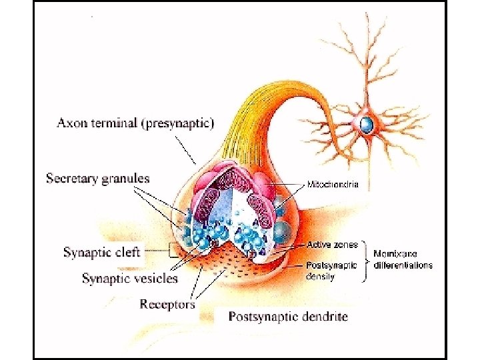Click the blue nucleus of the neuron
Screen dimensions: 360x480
pos(366,123)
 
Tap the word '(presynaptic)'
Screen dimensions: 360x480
pos(179,123)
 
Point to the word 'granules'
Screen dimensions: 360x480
pos(126,179)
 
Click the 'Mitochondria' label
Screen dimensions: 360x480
pos(333,184)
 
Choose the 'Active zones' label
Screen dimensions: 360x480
pos(332,245)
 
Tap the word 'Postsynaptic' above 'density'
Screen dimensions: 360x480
pos(331,265)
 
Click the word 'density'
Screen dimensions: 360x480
pos(320,275)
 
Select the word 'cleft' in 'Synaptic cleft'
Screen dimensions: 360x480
pos(127,253)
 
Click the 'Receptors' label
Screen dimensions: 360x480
pos(167,304)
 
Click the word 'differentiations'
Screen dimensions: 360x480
pos(403,265)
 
